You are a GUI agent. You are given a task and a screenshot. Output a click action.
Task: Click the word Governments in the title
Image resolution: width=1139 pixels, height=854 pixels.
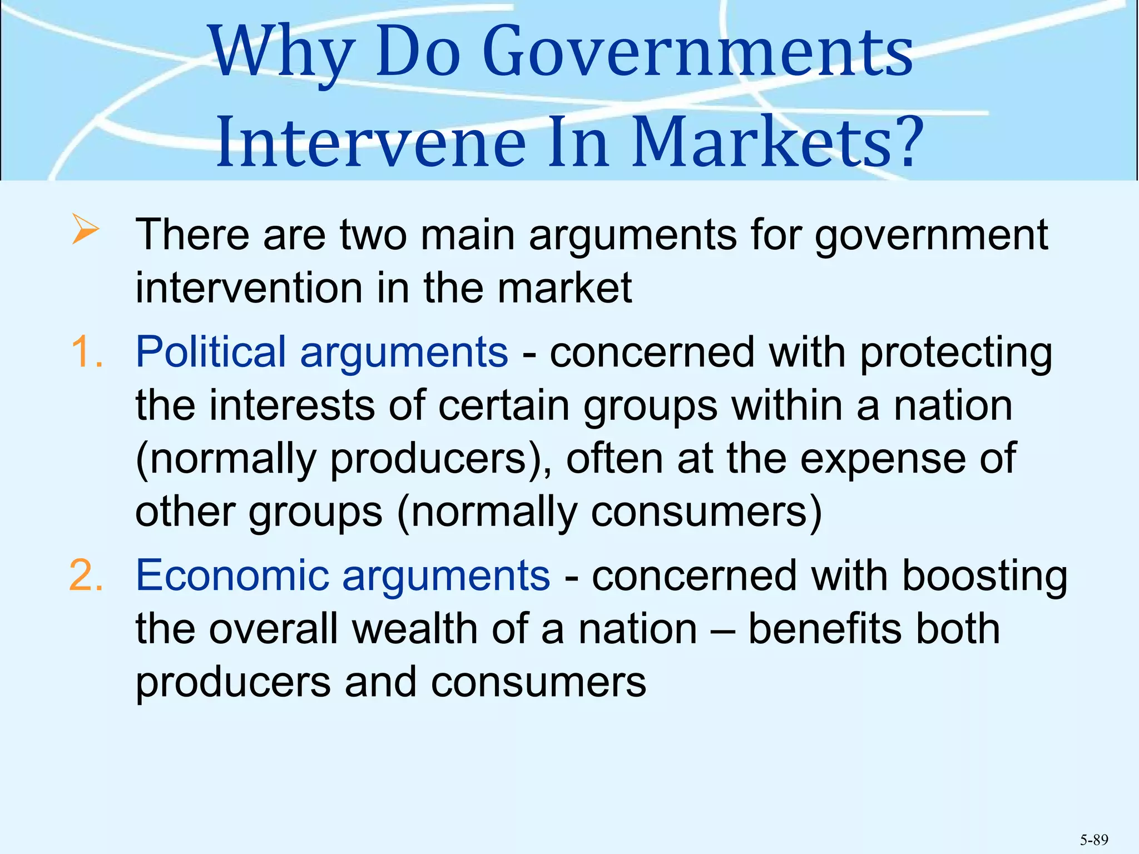(x=698, y=53)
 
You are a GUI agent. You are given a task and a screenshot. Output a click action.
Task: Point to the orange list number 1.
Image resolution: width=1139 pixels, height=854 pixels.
(x=87, y=352)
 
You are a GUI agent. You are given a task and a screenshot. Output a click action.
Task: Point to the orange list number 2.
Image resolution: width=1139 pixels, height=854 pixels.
(x=86, y=575)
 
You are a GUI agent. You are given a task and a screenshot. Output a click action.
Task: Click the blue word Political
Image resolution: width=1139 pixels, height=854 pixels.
(x=211, y=352)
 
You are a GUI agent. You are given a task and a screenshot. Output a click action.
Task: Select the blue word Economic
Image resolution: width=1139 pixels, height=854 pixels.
(x=232, y=575)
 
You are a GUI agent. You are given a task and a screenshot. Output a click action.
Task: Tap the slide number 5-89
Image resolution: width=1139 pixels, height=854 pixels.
(x=1093, y=840)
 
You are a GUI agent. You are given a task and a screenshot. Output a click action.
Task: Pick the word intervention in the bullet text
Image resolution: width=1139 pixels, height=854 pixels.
(x=248, y=288)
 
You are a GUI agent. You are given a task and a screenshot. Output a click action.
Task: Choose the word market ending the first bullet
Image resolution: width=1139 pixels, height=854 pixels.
(x=564, y=288)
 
